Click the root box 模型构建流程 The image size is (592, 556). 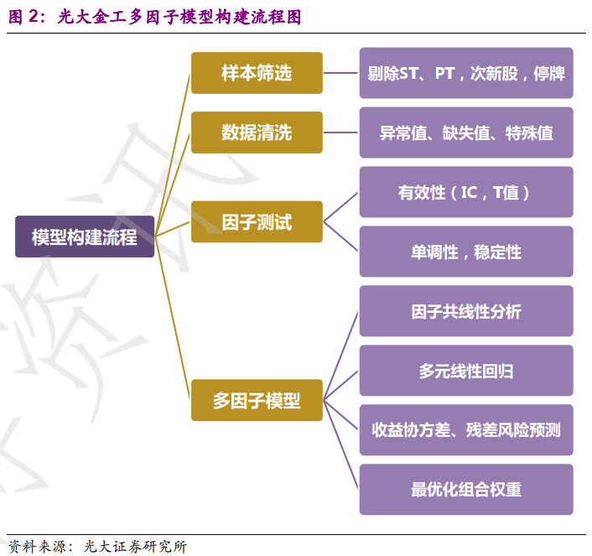[x=85, y=236]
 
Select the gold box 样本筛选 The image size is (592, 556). [x=257, y=73]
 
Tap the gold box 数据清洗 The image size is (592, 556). [x=257, y=133]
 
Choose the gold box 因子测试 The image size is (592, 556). [x=257, y=221]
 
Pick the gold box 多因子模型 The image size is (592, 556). [x=257, y=400]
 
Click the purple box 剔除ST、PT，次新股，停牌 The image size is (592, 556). [x=466, y=73]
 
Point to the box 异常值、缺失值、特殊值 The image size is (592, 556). [x=466, y=133]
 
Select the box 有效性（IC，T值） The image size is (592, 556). [x=466, y=192]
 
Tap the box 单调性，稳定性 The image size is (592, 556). [x=466, y=252]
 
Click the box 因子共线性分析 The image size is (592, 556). [x=466, y=311]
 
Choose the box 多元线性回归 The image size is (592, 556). [x=466, y=371]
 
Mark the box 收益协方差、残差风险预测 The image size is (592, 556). [x=466, y=430]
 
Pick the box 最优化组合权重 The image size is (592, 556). [x=466, y=490]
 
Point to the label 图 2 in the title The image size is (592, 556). [x=25, y=17]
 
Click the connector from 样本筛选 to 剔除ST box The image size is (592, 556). [x=341, y=73]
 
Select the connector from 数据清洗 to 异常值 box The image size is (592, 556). [x=341, y=133]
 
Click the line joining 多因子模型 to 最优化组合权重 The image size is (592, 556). [x=342, y=445]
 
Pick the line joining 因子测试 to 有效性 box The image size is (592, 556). [x=341, y=206]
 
